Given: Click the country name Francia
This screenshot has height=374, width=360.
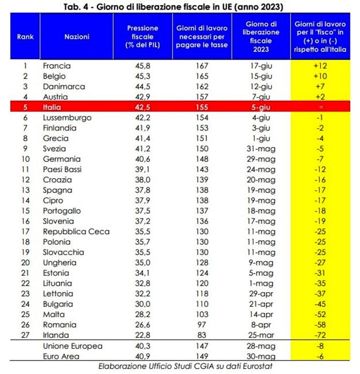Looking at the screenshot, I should click(x=57, y=66).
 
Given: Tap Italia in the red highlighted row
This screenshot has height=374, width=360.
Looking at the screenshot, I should click(x=52, y=107).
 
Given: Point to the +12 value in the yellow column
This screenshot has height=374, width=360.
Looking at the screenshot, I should click(x=319, y=66).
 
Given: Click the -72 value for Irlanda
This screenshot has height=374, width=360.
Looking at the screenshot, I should click(x=319, y=334).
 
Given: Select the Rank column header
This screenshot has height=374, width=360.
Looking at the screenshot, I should click(x=25, y=37).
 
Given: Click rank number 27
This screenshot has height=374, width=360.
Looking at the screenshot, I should click(x=24, y=334).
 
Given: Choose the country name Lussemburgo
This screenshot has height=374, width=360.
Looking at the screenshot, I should click(x=67, y=118).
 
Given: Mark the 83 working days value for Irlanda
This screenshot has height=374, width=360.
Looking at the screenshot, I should click(x=201, y=334).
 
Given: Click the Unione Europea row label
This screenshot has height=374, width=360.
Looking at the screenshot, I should click(x=72, y=346).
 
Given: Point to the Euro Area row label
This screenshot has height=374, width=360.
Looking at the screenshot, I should click(x=62, y=356).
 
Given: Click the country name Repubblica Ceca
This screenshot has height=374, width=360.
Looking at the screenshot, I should click(x=76, y=231).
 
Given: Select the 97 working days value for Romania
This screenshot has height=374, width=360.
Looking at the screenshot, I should click(x=201, y=324).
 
